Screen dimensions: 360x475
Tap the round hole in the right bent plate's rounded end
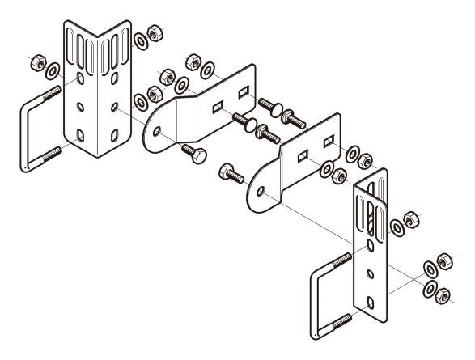click(x=261, y=192)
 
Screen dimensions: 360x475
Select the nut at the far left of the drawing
click(x=36, y=61)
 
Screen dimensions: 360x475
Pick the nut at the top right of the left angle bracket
click(x=151, y=36)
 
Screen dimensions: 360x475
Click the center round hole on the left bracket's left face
click(x=79, y=105)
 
